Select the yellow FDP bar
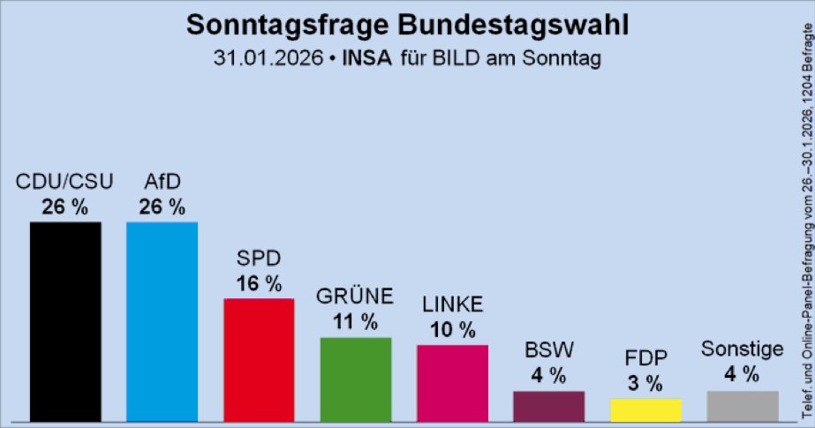click(x=645, y=410)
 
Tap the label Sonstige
click(x=742, y=349)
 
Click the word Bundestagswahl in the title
click(x=512, y=25)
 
